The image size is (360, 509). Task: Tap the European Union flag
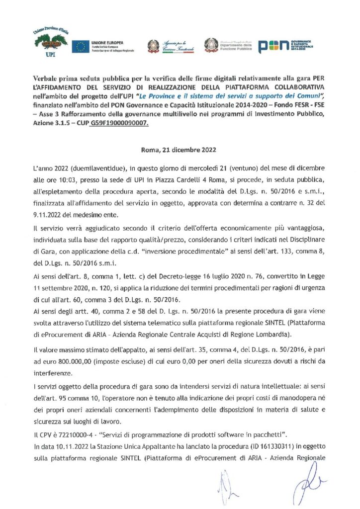coord(80,47)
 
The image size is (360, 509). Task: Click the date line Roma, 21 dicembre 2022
coord(180,149)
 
